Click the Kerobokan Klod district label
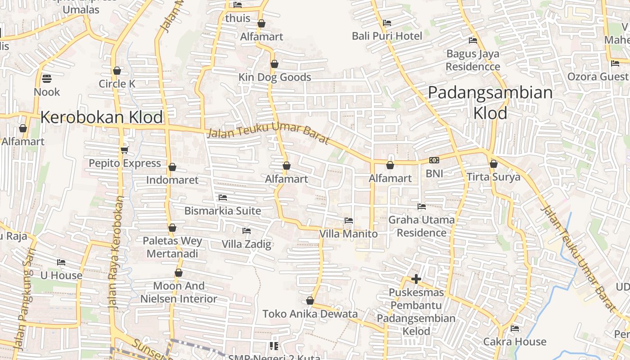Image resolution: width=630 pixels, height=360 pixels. (x=101, y=117)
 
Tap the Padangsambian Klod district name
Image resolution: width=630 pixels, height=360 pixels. (x=490, y=103)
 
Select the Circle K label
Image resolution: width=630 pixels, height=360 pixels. (x=117, y=84)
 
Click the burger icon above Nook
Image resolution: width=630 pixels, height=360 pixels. (x=47, y=79)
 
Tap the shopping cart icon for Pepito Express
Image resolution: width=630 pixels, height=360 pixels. (x=125, y=150)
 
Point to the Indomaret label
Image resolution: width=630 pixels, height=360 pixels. (x=172, y=180)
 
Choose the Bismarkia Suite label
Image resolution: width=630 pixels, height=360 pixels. (x=223, y=211)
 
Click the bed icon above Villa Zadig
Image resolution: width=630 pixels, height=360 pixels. (x=247, y=231)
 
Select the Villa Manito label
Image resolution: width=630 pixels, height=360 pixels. (x=348, y=234)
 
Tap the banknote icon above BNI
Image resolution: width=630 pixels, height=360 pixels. (x=434, y=160)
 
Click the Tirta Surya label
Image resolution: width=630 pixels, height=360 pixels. (x=493, y=177)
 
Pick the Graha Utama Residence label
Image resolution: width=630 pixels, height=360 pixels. (x=422, y=226)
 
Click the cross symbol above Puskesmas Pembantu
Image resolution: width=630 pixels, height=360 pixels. (x=416, y=279)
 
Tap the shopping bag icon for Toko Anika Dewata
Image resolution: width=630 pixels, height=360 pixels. (x=310, y=301)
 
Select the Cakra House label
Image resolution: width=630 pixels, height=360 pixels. (x=515, y=342)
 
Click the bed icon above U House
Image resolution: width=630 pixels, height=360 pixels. (x=61, y=262)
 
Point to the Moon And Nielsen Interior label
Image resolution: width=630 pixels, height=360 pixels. (x=179, y=292)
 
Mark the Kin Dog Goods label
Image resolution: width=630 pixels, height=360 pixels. (x=274, y=77)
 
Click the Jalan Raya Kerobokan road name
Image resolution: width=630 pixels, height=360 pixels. (x=116, y=251)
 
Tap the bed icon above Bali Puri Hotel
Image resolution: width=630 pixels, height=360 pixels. (x=387, y=23)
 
